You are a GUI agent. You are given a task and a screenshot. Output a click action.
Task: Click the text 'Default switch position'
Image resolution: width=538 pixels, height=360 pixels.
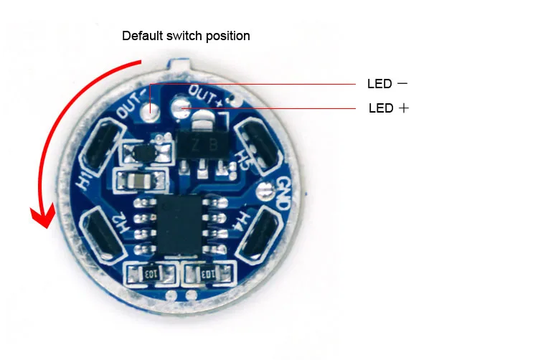pyautogui.click(x=186, y=35)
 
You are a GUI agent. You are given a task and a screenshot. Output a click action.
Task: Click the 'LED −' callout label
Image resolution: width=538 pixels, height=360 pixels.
pyautogui.click(x=387, y=84)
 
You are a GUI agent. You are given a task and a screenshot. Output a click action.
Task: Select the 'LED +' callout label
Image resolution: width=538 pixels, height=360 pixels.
pyautogui.click(x=389, y=108)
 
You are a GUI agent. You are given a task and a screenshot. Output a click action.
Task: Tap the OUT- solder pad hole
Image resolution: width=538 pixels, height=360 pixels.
pyautogui.click(x=151, y=111)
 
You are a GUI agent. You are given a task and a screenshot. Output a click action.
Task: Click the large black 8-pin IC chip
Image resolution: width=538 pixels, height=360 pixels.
pyautogui.click(x=179, y=226)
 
